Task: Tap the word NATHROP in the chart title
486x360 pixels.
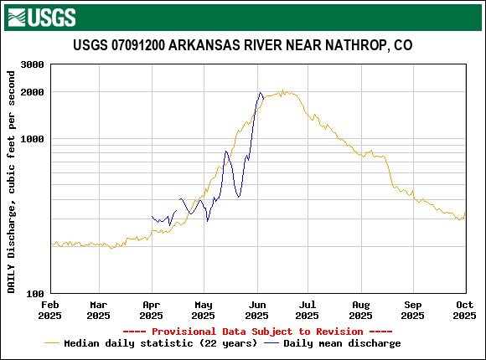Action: (x=351, y=45)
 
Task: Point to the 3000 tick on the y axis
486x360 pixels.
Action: (x=31, y=64)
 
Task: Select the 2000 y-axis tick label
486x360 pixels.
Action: (x=31, y=92)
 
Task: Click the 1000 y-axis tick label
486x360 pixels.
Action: (x=31, y=139)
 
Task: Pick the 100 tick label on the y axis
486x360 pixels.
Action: (x=34, y=294)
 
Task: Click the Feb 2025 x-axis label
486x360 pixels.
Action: (x=50, y=311)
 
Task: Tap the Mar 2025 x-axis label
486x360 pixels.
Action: (x=98, y=311)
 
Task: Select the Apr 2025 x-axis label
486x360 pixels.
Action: (x=151, y=311)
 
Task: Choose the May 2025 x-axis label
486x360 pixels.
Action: (x=203, y=311)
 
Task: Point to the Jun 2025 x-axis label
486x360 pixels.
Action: (x=256, y=311)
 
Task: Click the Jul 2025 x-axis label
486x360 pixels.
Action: (x=307, y=311)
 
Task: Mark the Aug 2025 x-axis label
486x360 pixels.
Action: (x=360, y=311)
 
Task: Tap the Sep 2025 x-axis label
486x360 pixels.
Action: (x=412, y=311)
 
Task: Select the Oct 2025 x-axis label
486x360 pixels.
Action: (x=464, y=311)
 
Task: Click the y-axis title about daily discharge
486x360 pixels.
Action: (x=12, y=182)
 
